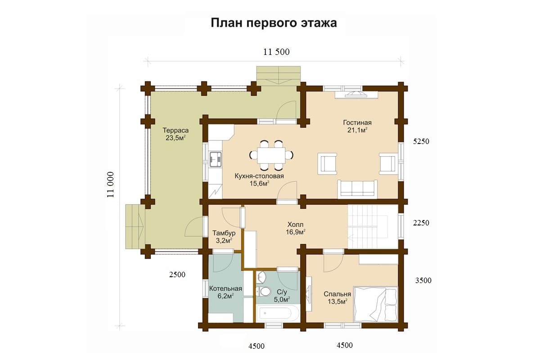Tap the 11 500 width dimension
276,52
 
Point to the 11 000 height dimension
110,184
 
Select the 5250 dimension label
421,141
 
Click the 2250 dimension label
421,223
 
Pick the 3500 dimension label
423,280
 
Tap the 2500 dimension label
177,274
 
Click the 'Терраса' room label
175,130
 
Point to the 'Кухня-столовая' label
259,176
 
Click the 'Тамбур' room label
224,233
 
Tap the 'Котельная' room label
225,288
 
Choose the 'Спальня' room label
337,294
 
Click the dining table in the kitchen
271,156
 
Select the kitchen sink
215,159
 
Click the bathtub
278,313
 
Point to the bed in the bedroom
375,304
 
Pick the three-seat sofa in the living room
357,189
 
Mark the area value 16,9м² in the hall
296,232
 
